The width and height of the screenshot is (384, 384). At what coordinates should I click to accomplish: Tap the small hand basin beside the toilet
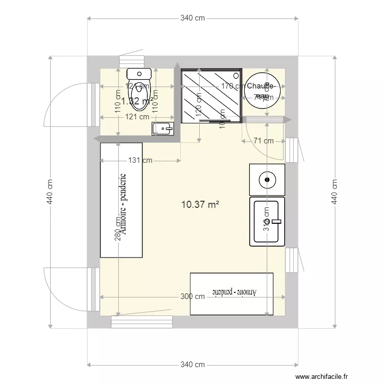click(x=163, y=129)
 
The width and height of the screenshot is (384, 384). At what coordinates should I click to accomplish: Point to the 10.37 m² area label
click(x=200, y=205)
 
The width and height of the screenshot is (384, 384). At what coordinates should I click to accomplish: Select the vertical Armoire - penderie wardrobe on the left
click(x=121, y=200)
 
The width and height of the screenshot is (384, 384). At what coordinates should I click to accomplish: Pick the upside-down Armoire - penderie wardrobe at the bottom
click(x=231, y=294)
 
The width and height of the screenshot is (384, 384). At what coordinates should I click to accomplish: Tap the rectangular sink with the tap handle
click(x=266, y=221)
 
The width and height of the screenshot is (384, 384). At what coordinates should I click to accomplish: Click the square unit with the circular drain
click(x=266, y=179)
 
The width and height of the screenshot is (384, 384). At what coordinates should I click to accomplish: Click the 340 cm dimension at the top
click(x=193, y=18)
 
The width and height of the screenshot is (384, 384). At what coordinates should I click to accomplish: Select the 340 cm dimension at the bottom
click(x=193, y=365)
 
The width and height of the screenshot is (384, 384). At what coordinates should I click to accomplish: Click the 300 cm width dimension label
click(x=193, y=296)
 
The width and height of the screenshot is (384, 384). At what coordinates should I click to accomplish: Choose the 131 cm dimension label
click(x=140, y=160)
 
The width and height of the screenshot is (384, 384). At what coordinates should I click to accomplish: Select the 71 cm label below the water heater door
click(x=262, y=141)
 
